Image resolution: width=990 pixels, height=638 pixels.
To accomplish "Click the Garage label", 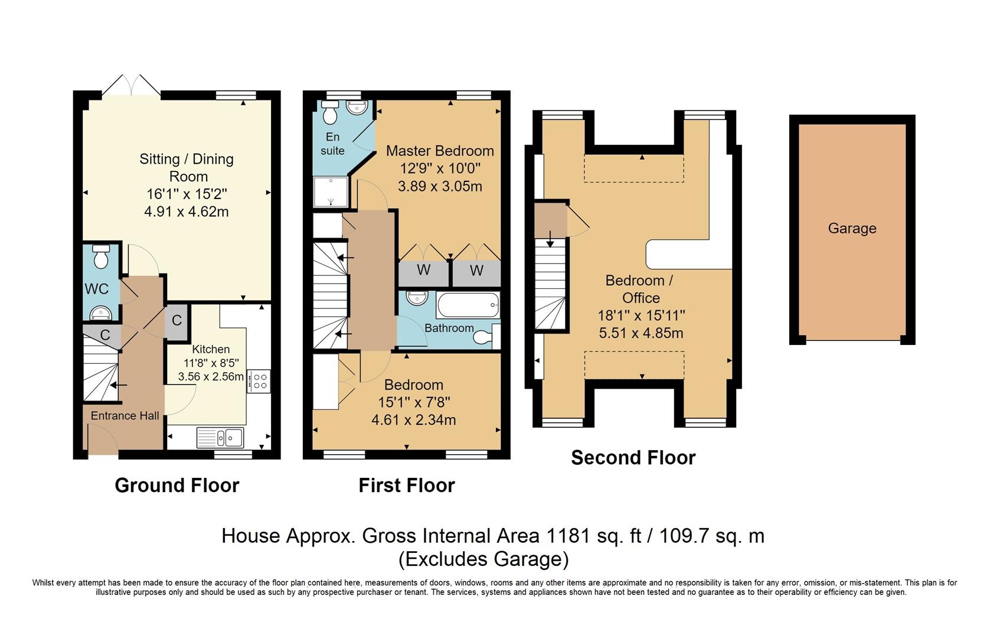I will pos(852,229).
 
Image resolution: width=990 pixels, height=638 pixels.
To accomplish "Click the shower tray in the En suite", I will pos(331,191).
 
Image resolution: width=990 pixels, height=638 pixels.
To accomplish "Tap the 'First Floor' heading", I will pos(407,486).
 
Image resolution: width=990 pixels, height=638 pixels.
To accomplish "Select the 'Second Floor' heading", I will pos(633,458).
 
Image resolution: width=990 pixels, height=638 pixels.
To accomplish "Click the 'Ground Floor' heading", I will pos(177,486).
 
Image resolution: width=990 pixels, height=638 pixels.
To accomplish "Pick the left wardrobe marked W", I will pos(423,271).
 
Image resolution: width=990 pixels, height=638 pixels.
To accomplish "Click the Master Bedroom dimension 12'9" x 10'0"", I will pos(440,169).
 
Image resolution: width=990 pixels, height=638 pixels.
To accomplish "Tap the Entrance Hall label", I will pos(125,416).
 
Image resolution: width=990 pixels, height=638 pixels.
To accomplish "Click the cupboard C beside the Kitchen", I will pos(177,321).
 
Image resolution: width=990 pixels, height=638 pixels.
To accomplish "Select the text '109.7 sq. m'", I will pos(711,536).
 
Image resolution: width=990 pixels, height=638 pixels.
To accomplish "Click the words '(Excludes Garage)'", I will pos(483,559).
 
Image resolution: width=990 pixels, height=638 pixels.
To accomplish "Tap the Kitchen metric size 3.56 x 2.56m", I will pos(211,377).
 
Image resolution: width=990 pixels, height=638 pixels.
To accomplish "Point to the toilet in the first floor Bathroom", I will pos(483,337).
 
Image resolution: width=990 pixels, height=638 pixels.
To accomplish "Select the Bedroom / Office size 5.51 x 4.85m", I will pos(641,333).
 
